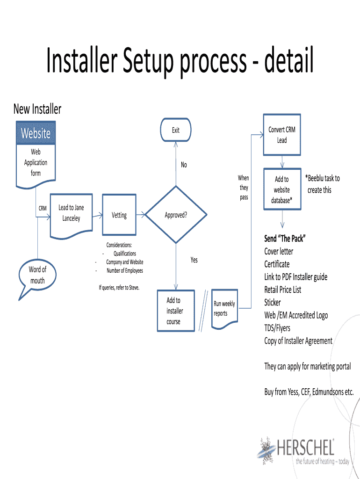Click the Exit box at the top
(x=176, y=131)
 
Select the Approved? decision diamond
(x=176, y=215)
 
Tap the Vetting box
(x=119, y=215)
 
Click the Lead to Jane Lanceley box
(x=71, y=213)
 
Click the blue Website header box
(x=36, y=133)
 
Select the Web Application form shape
(x=36, y=162)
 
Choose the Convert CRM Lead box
(x=282, y=135)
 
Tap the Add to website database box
(x=282, y=190)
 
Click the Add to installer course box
(x=175, y=311)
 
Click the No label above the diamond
(x=184, y=165)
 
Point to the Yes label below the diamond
(x=194, y=260)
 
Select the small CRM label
(x=42, y=208)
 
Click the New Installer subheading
(x=37, y=109)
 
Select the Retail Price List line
(x=283, y=290)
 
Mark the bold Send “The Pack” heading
(x=285, y=239)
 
